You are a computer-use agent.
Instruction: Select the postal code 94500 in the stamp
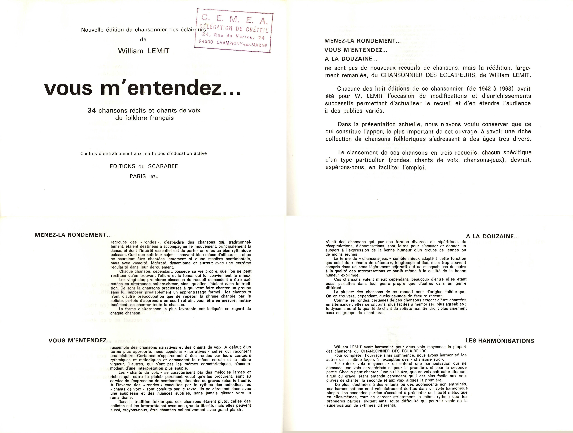[x=206, y=41]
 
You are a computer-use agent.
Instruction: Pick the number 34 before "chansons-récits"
[x=92, y=110]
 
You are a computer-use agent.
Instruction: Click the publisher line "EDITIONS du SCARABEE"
[x=144, y=166]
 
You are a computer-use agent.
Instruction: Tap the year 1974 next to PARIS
[x=153, y=177]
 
